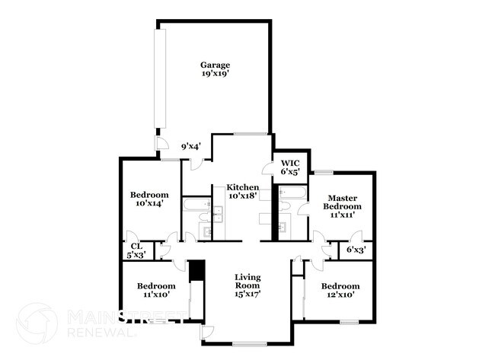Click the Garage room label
[215, 65]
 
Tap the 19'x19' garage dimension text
[215, 75]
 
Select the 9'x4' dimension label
[190, 146]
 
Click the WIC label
[290, 163]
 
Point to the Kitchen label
[241, 187]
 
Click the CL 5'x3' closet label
[136, 250]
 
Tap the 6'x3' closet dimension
[356, 249]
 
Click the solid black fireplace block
[196, 271]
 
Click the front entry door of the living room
[207, 333]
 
